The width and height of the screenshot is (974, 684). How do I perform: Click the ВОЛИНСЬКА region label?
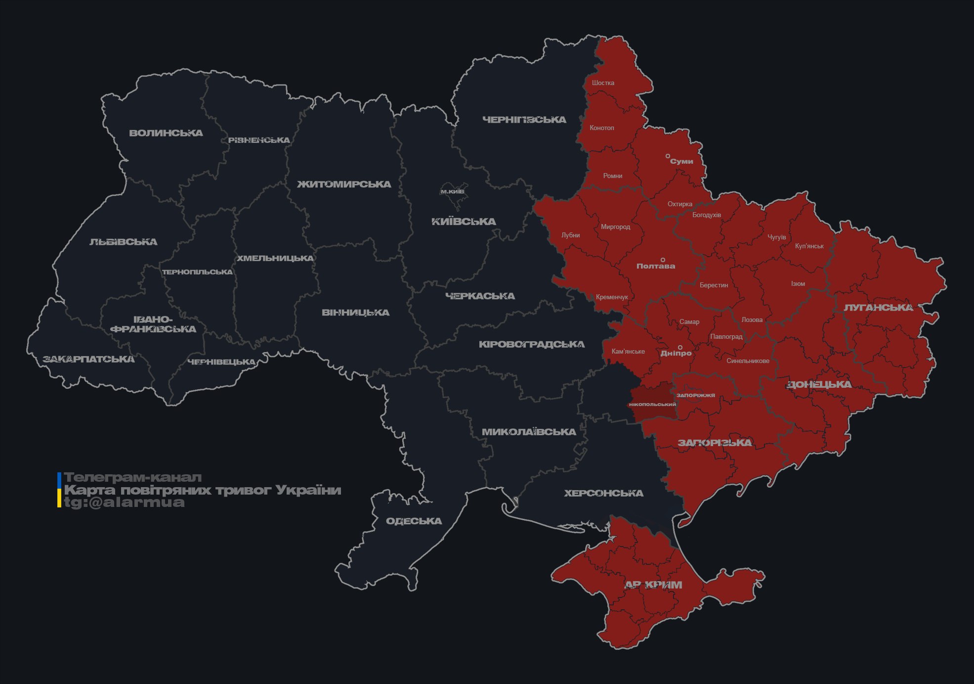click(166, 133)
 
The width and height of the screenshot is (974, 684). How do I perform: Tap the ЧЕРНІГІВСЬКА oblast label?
click(524, 120)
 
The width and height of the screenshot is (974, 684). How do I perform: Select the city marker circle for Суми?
click(668, 156)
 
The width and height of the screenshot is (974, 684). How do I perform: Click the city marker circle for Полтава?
click(663, 260)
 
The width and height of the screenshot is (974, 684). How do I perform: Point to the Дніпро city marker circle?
click(680, 348)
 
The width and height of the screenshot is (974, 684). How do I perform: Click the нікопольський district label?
click(652, 404)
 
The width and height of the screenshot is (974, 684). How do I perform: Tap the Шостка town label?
click(603, 83)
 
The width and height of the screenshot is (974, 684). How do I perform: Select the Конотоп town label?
click(601, 128)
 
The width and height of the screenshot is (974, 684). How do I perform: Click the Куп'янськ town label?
click(809, 246)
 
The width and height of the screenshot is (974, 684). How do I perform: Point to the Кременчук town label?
click(612, 297)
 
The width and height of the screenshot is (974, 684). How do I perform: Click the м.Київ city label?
click(452, 191)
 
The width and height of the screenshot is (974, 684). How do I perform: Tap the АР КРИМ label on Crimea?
click(653, 585)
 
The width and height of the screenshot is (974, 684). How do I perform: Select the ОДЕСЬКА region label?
click(414, 521)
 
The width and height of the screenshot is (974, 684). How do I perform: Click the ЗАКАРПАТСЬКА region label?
click(88, 359)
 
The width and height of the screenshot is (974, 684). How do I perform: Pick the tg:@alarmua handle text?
click(125, 502)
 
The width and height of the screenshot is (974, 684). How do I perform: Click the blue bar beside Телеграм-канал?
click(59, 479)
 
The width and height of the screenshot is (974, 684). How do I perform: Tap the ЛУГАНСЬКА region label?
click(878, 308)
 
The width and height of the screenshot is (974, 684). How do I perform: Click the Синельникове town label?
click(748, 361)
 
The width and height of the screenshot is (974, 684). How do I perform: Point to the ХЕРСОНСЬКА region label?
click(603, 493)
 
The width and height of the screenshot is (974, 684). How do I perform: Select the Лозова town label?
click(752, 319)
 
